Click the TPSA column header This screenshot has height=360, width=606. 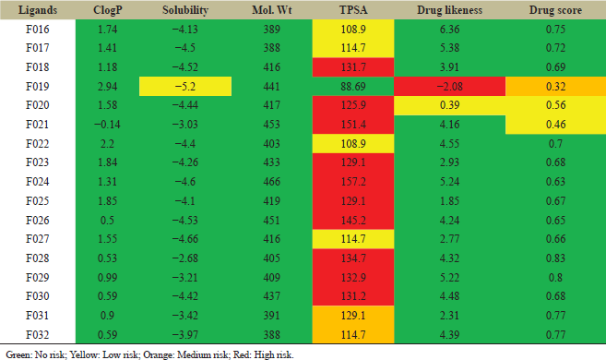[353, 10]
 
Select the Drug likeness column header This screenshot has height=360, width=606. [449, 10]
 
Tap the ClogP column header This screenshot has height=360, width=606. [107, 10]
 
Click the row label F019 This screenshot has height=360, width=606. [38, 86]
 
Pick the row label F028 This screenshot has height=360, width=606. [38, 258]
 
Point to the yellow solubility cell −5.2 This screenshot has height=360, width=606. [185, 86]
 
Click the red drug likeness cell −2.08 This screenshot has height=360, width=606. [450, 86]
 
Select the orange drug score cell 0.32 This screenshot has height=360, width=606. [556, 86]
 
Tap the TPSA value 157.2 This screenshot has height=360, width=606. [353, 182]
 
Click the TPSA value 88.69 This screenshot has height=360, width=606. [353, 86]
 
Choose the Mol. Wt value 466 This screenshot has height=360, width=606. [272, 182]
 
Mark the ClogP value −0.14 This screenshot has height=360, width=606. [107, 125]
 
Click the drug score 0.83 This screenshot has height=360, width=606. [556, 258]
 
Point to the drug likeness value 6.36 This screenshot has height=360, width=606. [450, 30]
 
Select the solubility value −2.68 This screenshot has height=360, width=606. [185, 258]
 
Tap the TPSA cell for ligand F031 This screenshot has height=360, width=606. [353, 315]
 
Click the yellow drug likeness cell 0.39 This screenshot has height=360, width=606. [450, 105]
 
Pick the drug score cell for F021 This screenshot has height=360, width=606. [556, 125]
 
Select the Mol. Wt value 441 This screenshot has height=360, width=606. [272, 86]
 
